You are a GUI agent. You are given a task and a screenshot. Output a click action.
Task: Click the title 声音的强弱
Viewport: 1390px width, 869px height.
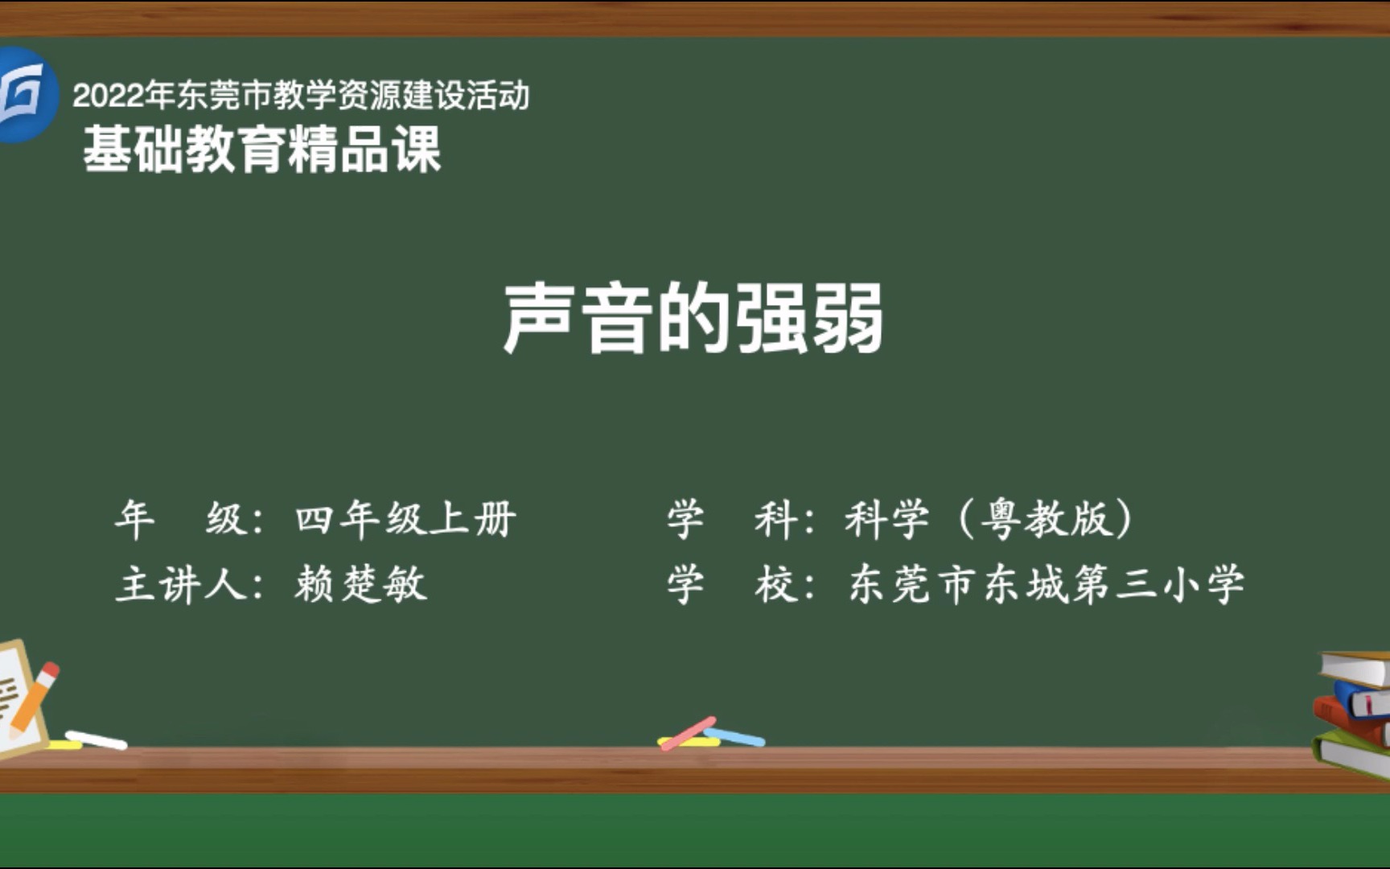click(693, 319)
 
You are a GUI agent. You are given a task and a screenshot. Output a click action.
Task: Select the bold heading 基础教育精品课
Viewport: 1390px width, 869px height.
click(262, 150)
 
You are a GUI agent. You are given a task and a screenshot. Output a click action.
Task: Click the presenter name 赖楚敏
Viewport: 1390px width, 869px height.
click(360, 583)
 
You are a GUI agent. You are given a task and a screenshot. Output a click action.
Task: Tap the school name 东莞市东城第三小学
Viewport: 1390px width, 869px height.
click(1047, 584)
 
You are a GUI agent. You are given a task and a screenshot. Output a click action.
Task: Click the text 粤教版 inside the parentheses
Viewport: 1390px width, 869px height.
click(1047, 519)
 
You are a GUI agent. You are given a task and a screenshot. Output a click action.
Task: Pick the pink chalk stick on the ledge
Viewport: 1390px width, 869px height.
click(689, 732)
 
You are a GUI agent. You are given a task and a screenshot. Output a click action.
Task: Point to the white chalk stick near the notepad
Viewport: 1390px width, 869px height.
click(96, 739)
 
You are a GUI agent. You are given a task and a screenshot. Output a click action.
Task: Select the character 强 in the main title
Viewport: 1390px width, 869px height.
click(771, 319)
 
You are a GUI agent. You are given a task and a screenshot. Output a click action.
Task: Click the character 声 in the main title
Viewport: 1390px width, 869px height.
click(538, 319)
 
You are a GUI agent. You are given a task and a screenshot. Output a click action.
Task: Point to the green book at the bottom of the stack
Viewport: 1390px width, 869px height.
click(1351, 752)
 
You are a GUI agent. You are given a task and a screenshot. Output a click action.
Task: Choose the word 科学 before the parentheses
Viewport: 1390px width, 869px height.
click(887, 519)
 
